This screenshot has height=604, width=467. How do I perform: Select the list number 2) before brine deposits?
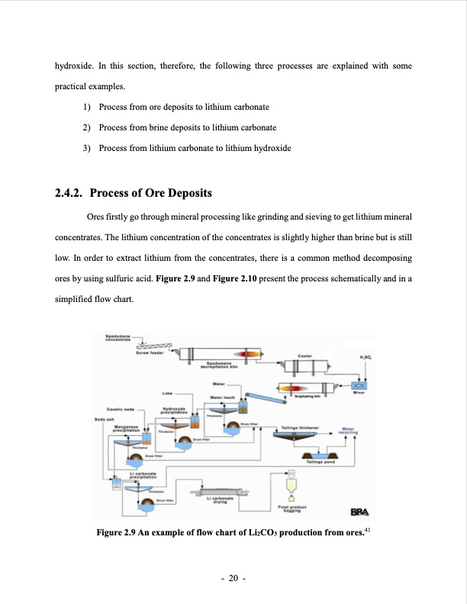86,127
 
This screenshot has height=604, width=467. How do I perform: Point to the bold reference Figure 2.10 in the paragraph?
243,280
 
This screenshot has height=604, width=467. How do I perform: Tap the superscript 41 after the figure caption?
367,529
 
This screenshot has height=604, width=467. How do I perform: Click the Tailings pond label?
320,461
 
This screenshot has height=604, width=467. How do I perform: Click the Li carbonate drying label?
221,500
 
